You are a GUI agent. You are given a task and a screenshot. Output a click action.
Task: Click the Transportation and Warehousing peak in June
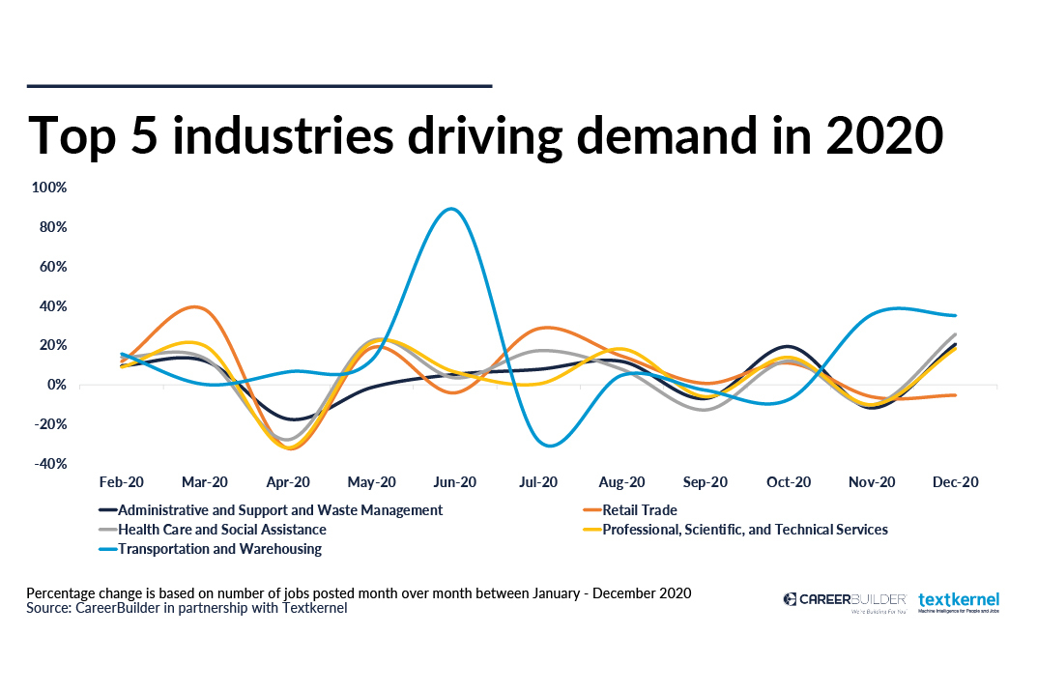pos(451,209)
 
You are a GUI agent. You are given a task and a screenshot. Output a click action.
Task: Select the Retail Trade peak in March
pos(196,307)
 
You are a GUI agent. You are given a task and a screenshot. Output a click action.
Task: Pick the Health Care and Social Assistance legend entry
pos(221,530)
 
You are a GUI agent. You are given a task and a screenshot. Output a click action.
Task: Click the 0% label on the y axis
pos(58,385)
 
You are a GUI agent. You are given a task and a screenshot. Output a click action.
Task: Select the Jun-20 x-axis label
pos(455,482)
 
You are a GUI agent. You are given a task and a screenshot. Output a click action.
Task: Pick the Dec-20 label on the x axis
pos(956,482)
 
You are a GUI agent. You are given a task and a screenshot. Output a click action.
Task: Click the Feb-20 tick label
pos(122,482)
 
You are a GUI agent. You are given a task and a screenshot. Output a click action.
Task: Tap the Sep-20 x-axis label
pos(706,482)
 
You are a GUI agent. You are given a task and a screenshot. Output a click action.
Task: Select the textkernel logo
pos(959,601)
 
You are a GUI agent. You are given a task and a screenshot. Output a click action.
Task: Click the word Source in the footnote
pos(47,609)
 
